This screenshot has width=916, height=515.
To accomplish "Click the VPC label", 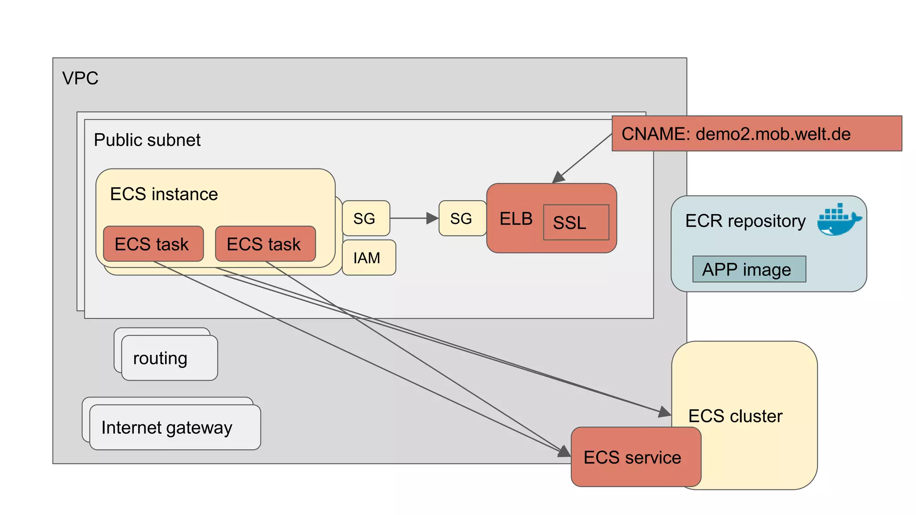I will (x=80, y=78).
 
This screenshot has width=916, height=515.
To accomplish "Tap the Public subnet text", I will (x=147, y=140).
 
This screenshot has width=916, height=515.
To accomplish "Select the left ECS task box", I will (x=153, y=244).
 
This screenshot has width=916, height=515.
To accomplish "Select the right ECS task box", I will (x=265, y=244).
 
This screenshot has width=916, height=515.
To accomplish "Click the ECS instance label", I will (x=164, y=194).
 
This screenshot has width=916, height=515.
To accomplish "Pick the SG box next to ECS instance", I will (x=365, y=218).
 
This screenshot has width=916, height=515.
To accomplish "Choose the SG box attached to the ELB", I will (x=462, y=218).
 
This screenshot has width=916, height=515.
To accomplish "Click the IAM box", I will (x=368, y=257).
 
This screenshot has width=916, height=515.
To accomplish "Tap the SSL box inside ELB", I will (x=576, y=222).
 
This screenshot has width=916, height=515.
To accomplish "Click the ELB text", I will (x=516, y=219).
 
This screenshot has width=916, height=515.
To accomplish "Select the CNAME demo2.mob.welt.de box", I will (x=756, y=134).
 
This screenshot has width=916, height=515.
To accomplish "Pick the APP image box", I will (x=749, y=269).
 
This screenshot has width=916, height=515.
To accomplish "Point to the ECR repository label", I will (x=745, y=221).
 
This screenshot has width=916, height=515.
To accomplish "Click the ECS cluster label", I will (x=735, y=416).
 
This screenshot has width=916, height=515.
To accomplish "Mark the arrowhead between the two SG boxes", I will (x=432, y=218).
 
